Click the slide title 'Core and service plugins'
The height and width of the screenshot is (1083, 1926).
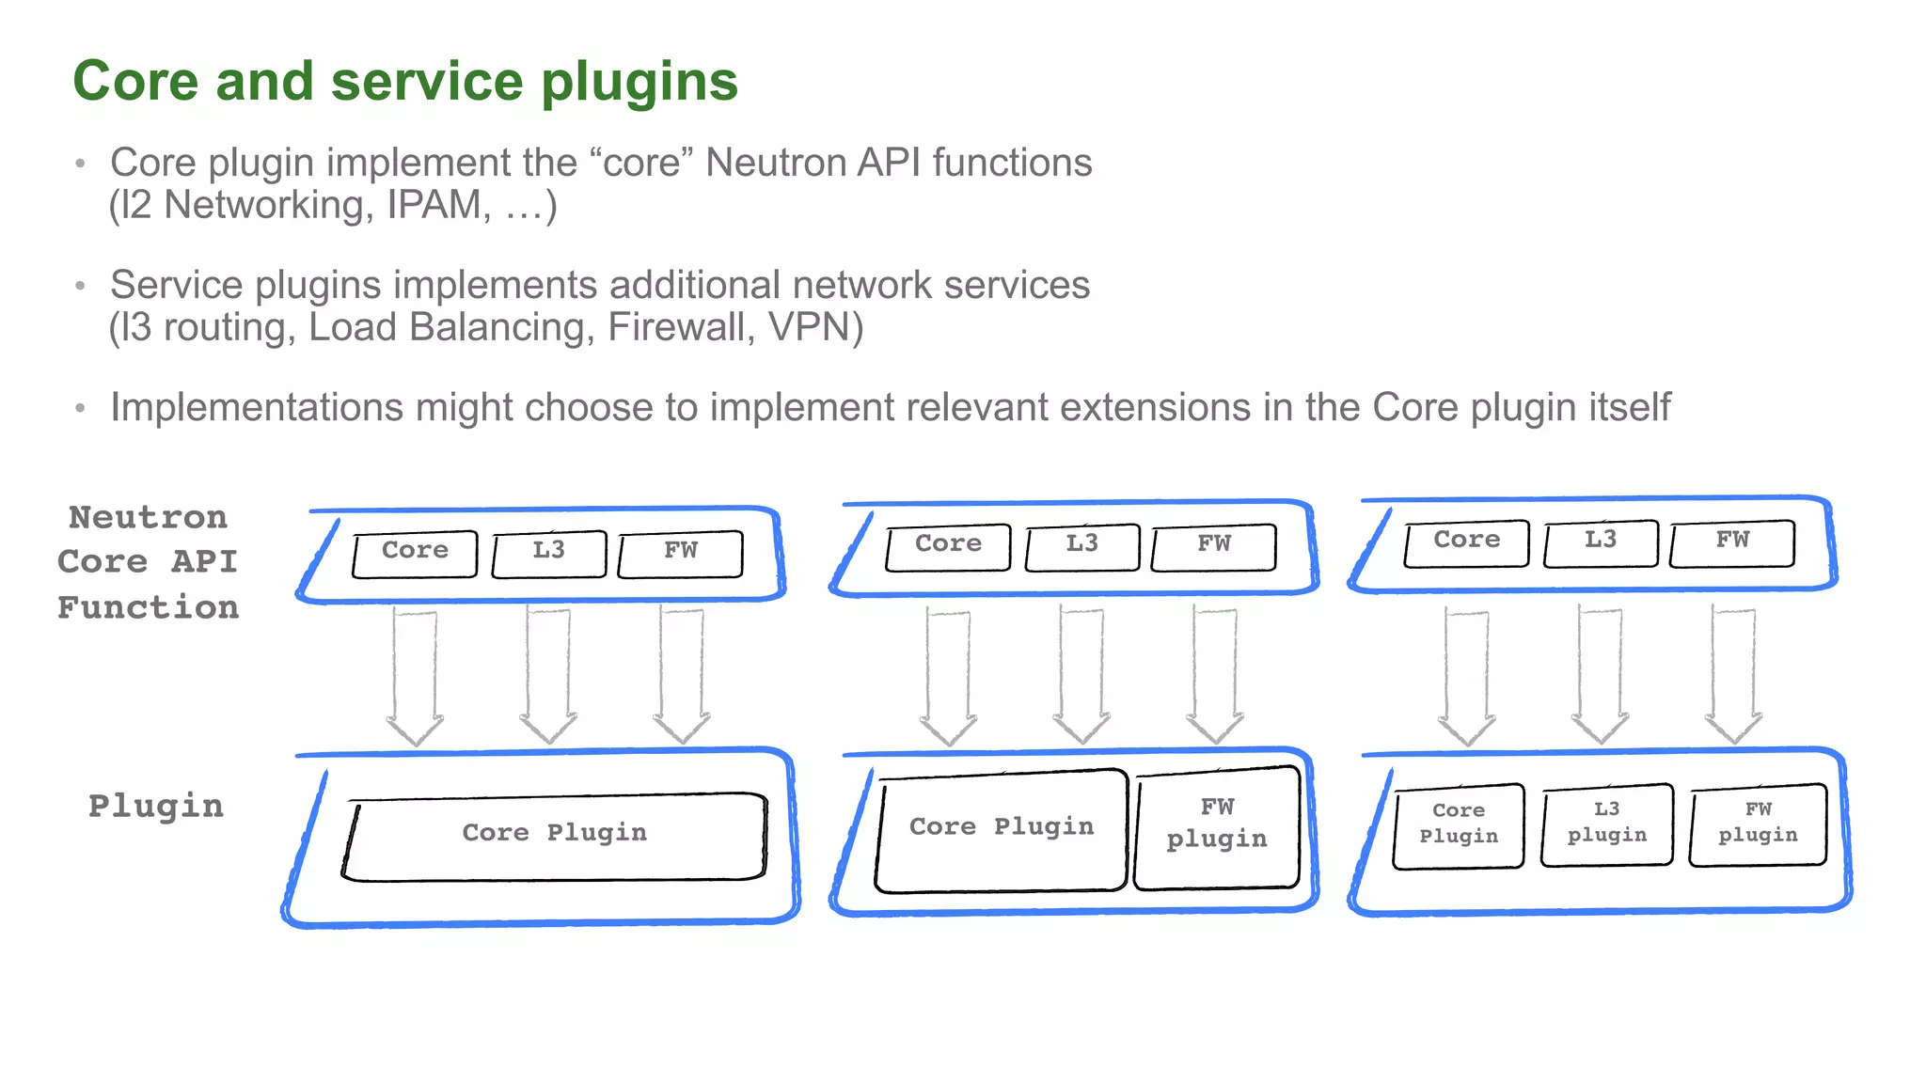405,82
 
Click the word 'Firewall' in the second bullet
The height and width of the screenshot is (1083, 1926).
676,327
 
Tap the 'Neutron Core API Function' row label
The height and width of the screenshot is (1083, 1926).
148,562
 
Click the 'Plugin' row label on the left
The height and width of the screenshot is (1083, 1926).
156,806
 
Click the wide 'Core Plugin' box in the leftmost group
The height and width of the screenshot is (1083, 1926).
555,836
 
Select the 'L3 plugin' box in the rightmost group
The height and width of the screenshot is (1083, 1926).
1606,824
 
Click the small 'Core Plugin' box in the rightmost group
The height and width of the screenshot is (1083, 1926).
1458,824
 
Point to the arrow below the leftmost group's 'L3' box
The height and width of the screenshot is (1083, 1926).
548,675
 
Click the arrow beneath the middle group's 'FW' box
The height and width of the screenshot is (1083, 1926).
1214,675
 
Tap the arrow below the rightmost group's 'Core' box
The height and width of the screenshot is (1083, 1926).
1466,675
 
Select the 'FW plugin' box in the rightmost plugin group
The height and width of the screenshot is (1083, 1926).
1757,824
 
